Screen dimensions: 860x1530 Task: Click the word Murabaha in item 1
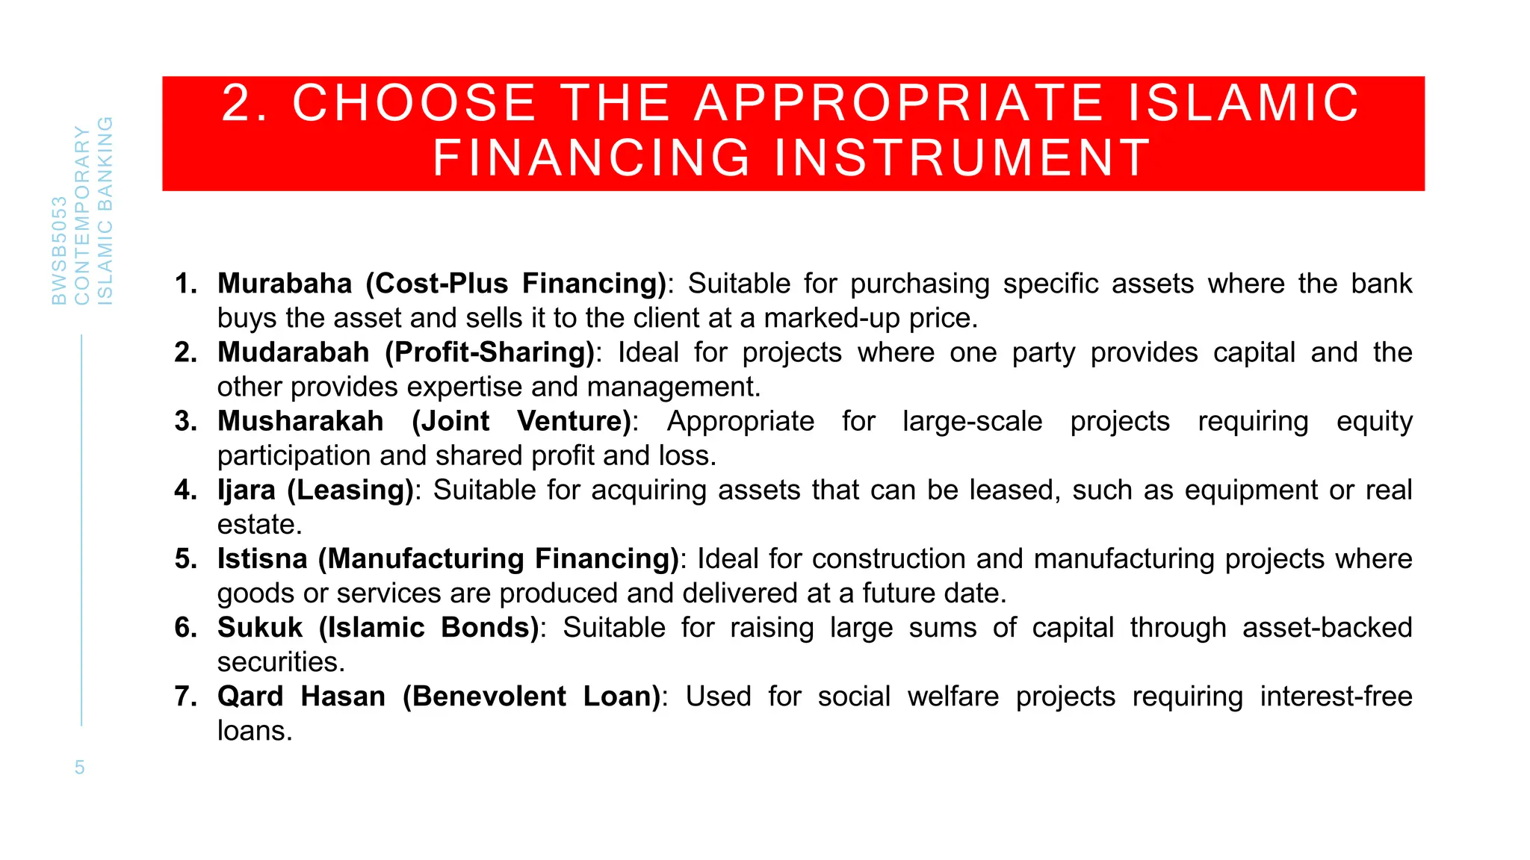pos(285,284)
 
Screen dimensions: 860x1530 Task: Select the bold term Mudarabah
pos(294,352)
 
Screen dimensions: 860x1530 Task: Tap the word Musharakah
pos(300,421)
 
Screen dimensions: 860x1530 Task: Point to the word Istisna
pos(262,558)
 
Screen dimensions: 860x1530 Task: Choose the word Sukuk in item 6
pos(260,627)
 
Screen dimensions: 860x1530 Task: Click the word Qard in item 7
pos(250,697)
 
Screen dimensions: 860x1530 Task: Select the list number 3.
pos(185,421)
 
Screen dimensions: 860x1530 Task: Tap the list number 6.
pos(185,627)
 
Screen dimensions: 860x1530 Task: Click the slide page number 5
pos(80,767)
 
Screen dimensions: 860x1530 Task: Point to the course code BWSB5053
pos(59,251)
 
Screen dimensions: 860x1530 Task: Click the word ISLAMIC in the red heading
pos(1243,103)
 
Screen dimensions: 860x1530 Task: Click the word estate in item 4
pos(258,524)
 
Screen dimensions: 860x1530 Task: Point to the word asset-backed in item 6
pos(1328,627)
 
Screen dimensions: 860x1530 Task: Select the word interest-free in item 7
pos(1336,697)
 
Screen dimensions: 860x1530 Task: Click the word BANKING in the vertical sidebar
pos(105,163)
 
